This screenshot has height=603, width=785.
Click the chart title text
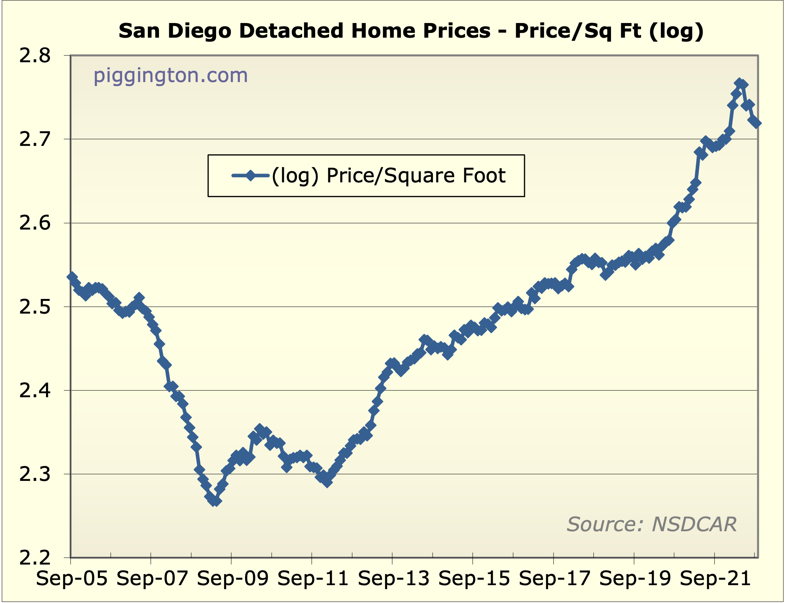pyautogui.click(x=411, y=31)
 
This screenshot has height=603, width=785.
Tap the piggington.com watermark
pyautogui.click(x=170, y=75)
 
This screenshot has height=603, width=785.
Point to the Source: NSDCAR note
pyautogui.click(x=651, y=524)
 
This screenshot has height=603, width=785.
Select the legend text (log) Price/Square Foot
pyautogui.click(x=388, y=176)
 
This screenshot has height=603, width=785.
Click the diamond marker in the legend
pyautogui.click(x=251, y=175)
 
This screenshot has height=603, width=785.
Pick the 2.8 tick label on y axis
pyautogui.click(x=35, y=56)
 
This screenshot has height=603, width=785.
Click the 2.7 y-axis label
pyautogui.click(x=35, y=140)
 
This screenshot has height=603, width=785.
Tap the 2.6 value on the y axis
pyautogui.click(x=35, y=223)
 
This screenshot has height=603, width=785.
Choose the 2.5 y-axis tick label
pyautogui.click(x=35, y=307)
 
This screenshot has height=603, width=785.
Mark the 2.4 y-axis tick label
pyautogui.click(x=35, y=391)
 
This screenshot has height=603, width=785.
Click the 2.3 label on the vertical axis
pyautogui.click(x=35, y=475)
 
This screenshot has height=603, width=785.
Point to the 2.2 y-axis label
pyautogui.click(x=35, y=558)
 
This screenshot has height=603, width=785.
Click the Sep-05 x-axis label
pyautogui.click(x=72, y=579)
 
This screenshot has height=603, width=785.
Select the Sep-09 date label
pyautogui.click(x=233, y=579)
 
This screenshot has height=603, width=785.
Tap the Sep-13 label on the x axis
pyautogui.click(x=394, y=579)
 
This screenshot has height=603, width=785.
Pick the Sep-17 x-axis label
pyautogui.click(x=555, y=579)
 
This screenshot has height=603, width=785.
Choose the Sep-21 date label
pyautogui.click(x=715, y=579)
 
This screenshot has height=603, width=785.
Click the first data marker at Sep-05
pyautogui.click(x=72, y=277)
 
